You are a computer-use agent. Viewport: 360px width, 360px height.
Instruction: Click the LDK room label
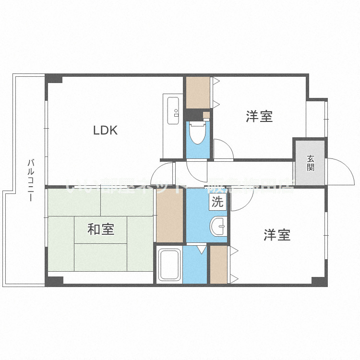(105, 130)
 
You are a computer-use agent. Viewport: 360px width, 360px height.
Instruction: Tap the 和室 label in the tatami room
(101, 229)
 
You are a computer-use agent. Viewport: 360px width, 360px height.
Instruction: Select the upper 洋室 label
(260, 116)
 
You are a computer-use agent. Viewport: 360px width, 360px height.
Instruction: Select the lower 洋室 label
(277, 235)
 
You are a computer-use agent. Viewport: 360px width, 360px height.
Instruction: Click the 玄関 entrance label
(311, 163)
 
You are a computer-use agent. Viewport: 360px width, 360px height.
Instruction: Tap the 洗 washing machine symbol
(217, 202)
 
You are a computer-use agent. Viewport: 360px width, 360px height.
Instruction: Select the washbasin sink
(219, 226)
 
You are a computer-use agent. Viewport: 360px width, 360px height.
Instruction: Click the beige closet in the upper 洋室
(198, 92)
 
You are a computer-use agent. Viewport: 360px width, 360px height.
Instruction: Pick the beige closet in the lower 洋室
(219, 264)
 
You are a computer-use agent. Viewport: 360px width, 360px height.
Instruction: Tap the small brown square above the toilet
(206, 115)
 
